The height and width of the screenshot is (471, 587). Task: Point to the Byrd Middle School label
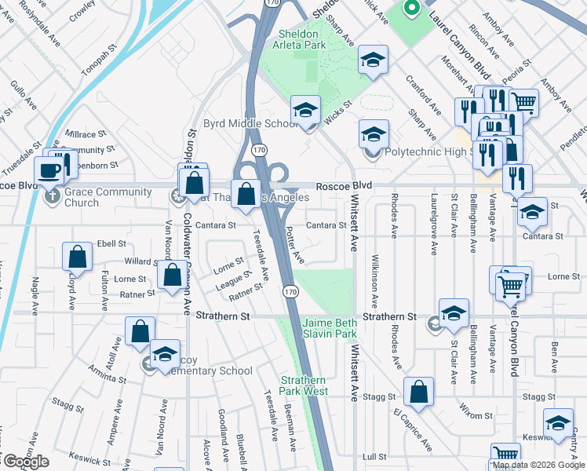250,124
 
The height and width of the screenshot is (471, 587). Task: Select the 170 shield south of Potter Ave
291,291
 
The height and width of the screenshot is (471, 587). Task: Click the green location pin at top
410,9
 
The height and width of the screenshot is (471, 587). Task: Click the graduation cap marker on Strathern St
454,312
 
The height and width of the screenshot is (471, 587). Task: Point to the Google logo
25,462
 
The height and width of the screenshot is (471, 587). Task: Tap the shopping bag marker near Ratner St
171,276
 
